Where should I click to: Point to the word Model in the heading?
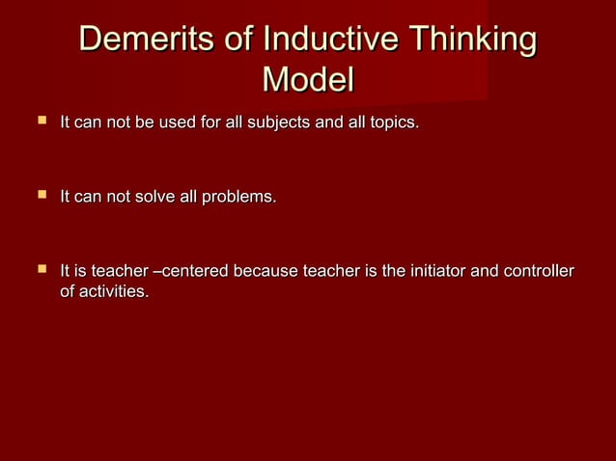[308, 80]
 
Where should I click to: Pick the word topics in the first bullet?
[393, 123]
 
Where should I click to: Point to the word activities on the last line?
[115, 291]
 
